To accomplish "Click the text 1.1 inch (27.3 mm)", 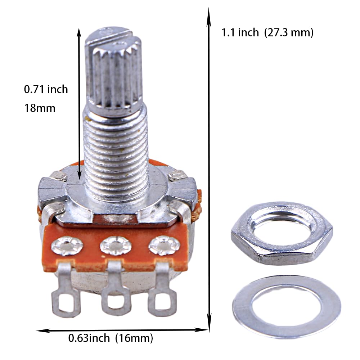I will tap(267, 33).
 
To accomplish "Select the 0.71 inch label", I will tap(46, 89).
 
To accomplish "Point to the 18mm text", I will tap(40, 108).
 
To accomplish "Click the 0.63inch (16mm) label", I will tap(111, 338).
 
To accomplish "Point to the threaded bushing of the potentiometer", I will tap(116, 151).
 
